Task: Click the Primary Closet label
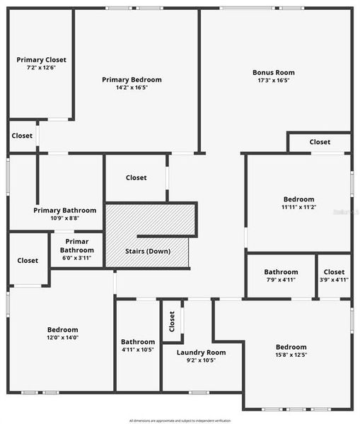click(x=41, y=60)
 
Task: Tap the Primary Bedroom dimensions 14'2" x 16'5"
click(x=132, y=88)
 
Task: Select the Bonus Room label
click(x=274, y=72)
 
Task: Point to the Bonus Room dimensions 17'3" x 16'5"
click(x=274, y=81)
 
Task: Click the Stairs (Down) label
click(x=148, y=252)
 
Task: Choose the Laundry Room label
click(x=202, y=352)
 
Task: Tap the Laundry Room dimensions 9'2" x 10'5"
click(x=202, y=360)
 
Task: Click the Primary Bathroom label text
click(x=65, y=210)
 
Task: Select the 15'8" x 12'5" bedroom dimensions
click(x=291, y=355)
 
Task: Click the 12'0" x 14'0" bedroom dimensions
click(x=63, y=338)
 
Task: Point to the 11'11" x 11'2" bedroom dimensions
click(x=298, y=207)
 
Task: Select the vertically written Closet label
click(x=172, y=322)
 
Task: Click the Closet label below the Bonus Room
click(x=320, y=142)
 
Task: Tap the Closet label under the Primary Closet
click(x=22, y=136)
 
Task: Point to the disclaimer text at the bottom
click(x=180, y=420)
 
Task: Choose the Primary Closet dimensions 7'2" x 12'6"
click(x=41, y=68)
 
